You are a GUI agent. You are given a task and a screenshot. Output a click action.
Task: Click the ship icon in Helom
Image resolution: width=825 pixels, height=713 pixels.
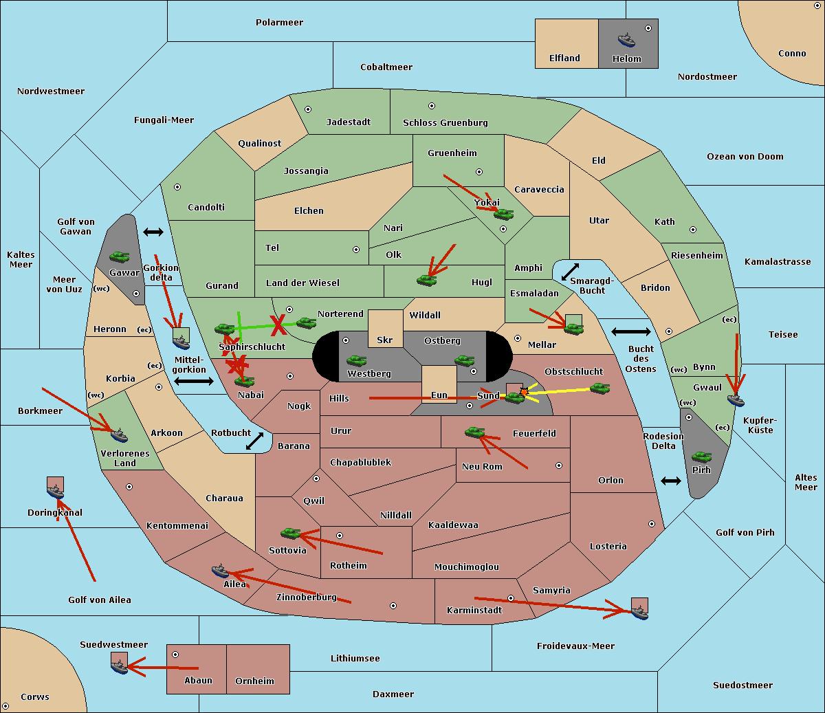pos(626,40)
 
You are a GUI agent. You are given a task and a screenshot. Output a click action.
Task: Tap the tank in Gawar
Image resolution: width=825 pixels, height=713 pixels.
pos(120,256)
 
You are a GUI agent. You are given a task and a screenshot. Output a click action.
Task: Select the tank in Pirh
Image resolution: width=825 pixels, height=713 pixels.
pos(701,457)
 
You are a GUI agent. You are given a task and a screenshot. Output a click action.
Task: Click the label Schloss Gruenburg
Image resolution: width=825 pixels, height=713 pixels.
pos(445,122)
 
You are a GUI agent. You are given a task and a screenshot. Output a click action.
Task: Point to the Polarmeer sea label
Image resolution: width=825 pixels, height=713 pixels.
pos(279,23)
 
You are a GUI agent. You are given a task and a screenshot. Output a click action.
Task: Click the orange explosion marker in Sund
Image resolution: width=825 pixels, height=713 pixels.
pos(524,392)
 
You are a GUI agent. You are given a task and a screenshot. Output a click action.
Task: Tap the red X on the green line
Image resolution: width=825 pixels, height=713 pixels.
pos(278,325)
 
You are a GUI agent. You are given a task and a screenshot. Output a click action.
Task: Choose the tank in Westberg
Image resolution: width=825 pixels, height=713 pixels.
pos(356,360)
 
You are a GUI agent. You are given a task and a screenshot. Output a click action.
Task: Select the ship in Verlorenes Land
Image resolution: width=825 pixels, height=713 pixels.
pos(119,435)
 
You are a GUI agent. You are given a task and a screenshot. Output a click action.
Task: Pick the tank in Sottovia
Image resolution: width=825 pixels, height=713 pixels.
pos(290,533)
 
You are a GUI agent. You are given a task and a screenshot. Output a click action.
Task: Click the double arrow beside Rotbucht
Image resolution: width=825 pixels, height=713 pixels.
pos(254,441)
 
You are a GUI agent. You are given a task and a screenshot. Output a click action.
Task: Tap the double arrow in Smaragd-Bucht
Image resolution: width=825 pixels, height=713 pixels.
pos(570,272)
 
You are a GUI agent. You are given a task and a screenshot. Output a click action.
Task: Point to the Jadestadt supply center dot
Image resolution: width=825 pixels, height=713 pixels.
pos(308,109)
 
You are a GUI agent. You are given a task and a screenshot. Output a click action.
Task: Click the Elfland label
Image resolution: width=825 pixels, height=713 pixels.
pos(564,58)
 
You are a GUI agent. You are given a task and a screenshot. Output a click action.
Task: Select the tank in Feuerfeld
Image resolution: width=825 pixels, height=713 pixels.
pos(474,432)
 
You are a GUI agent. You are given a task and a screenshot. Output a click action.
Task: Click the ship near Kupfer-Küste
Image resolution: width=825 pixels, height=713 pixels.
pos(736,399)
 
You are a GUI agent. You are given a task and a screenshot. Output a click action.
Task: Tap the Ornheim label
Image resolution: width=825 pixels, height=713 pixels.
pos(254,681)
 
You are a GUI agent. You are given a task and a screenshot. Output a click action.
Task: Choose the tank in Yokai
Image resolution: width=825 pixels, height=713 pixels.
pos(503,215)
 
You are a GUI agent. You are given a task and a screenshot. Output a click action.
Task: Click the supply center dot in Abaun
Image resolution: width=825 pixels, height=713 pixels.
pos(175,655)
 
